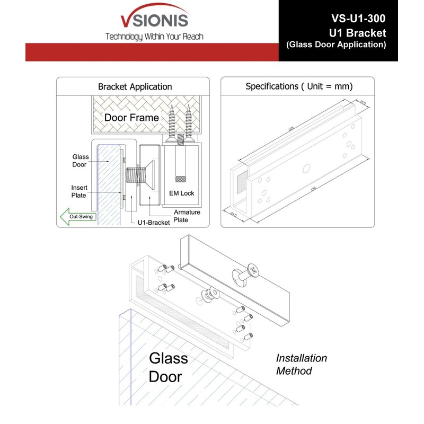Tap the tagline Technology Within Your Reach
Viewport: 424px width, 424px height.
pyautogui.click(x=154, y=37)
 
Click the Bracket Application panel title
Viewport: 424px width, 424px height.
pyautogui.click(x=135, y=86)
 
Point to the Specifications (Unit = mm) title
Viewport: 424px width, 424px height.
pyautogui.click(x=299, y=86)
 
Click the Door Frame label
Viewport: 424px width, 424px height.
pyautogui.click(x=131, y=117)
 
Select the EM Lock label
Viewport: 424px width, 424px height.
pyautogui.click(x=181, y=193)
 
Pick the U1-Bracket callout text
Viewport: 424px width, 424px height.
pyautogui.click(x=152, y=223)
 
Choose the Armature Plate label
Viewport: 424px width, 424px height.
pyautogui.click(x=187, y=216)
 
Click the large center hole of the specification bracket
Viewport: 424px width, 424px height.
pyautogui.click(x=306, y=168)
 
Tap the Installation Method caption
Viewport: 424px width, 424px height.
pyautogui.click(x=301, y=365)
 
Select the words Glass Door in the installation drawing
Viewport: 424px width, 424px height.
pyautogui.click(x=168, y=367)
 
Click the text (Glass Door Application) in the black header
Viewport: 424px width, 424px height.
pyautogui.click(x=336, y=45)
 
